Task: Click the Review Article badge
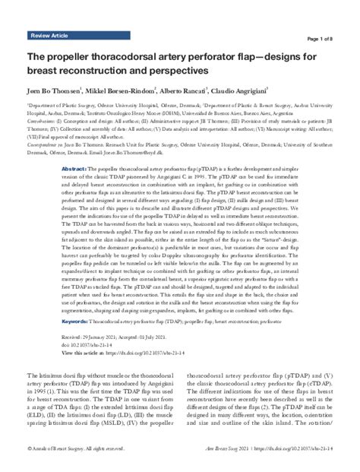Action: pos(50,36)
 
